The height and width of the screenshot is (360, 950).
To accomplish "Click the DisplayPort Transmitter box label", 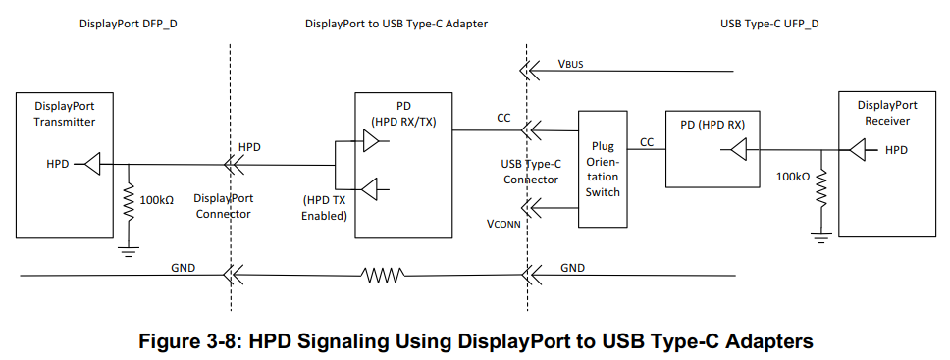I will pos(65,114).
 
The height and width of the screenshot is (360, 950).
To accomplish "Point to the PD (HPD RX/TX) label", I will pos(403,114).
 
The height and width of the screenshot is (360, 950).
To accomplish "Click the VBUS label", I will pos(574,65).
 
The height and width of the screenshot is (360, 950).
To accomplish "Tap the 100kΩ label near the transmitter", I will pos(156,199).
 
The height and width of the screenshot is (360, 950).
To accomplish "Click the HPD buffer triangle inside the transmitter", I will pos(91,164).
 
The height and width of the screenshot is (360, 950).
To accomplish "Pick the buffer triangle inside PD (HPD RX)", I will pos(737,150).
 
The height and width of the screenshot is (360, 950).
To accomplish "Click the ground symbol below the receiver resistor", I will pos(821,236).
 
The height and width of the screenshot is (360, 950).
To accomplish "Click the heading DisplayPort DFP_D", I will pos(128,23).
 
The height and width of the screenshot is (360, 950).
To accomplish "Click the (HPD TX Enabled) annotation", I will pos(325,208).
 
